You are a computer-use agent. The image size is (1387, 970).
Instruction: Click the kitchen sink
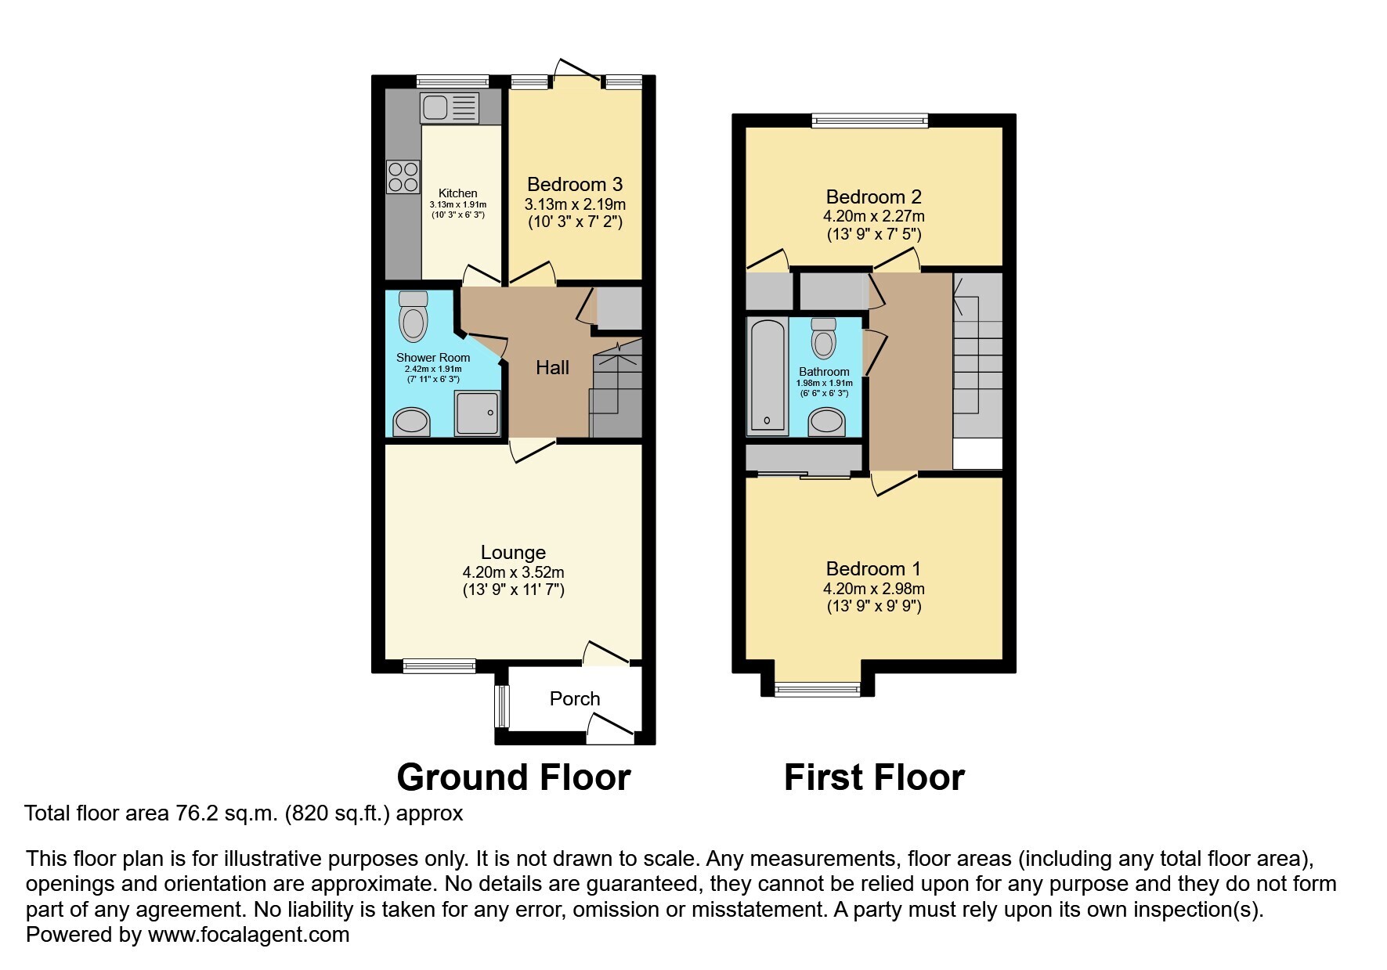coord(450,108)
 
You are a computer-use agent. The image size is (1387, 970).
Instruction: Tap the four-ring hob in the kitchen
coord(403,176)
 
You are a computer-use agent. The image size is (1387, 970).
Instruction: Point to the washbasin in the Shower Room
coord(411,421)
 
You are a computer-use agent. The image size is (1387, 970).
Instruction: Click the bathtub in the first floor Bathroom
coord(767,377)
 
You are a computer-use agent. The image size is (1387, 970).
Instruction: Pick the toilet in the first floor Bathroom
coord(823,337)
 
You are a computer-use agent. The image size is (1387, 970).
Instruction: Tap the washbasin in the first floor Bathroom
coord(826,422)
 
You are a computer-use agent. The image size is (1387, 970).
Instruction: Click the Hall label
coord(552,367)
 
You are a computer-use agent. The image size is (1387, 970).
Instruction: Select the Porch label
coord(575,698)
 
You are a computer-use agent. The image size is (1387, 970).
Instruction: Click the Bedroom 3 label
coord(575,184)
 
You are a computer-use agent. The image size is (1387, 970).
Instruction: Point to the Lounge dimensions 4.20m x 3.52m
coord(513,572)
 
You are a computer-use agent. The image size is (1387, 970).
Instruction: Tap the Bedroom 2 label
coord(874,197)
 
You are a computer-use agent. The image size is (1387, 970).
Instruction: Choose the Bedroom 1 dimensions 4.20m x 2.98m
coord(874,589)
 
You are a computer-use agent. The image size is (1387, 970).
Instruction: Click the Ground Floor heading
coord(514,777)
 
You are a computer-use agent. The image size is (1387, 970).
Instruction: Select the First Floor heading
coord(874,777)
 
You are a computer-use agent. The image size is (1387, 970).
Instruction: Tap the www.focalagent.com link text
coord(248,935)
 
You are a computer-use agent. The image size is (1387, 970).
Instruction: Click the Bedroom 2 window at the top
coord(869,120)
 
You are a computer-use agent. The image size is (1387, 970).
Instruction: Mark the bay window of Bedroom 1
coord(818,689)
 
